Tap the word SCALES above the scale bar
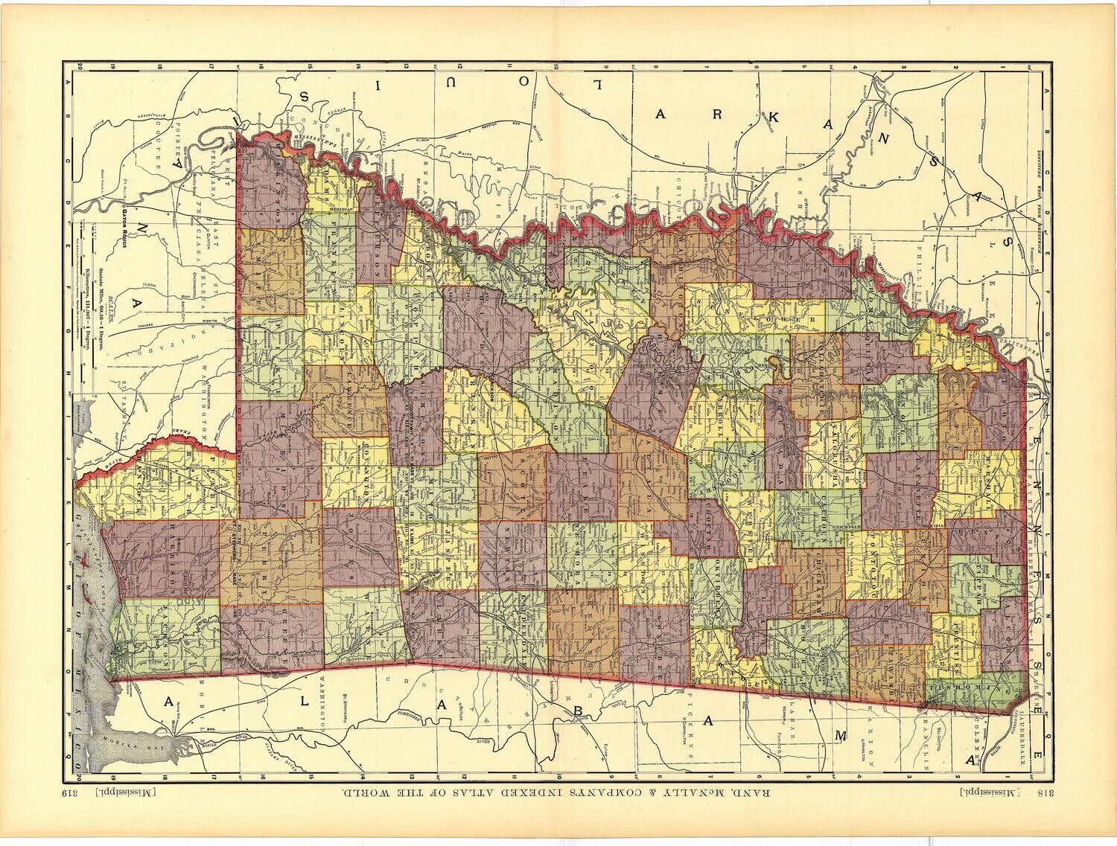(x=111, y=305)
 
